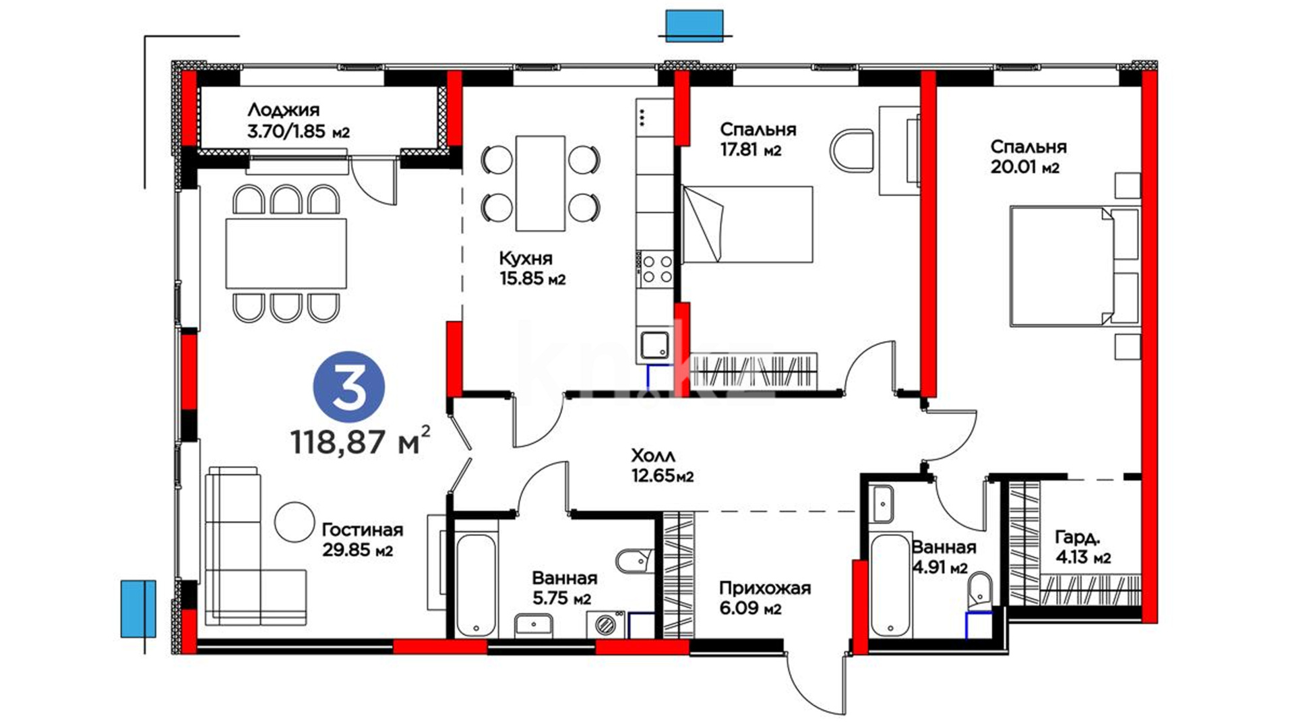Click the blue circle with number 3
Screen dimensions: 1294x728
click(348, 388)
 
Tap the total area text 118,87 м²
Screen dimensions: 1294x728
click(360, 441)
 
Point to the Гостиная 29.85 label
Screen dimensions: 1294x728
click(362, 540)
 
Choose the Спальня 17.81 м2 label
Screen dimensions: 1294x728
click(758, 140)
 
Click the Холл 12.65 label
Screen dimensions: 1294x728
click(662, 466)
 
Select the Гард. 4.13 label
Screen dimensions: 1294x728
click(1082, 547)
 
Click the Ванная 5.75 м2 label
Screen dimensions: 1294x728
click(564, 588)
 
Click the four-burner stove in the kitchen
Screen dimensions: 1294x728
click(656, 268)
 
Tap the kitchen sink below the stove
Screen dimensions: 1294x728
click(654, 346)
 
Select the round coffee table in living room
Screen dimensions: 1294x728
click(295, 521)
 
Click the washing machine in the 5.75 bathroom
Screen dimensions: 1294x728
click(606, 625)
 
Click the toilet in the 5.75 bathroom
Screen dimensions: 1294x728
click(634, 559)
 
